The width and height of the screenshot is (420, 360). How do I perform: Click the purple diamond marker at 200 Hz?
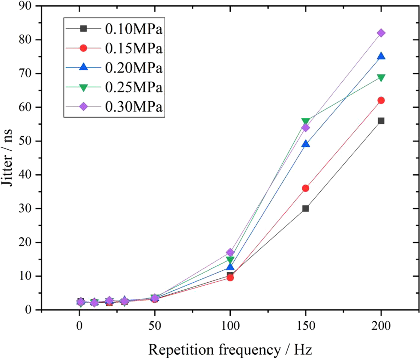coord(381,33)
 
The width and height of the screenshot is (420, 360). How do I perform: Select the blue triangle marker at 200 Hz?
coord(381,56)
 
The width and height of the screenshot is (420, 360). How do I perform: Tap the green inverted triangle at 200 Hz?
coord(381,78)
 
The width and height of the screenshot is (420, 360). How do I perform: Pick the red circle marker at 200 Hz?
coord(381,100)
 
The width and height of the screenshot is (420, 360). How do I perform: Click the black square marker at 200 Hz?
coord(381,121)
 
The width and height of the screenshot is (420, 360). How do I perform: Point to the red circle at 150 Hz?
coord(306,188)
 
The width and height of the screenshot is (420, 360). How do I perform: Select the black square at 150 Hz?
coord(306,208)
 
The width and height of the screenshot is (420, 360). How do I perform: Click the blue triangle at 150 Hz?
coord(306,144)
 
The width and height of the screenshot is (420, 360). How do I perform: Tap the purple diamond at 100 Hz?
coord(230,252)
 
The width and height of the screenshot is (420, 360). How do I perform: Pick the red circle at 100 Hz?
coord(230,278)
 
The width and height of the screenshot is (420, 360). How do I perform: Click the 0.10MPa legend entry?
coord(133,29)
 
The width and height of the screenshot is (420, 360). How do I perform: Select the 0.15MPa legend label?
coord(133,48)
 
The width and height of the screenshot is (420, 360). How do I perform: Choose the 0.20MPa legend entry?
coord(133,68)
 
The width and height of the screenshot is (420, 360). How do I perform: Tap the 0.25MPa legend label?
coord(133,87)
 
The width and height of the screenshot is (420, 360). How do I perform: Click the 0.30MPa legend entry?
coord(133,107)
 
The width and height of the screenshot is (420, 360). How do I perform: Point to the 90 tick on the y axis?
coord(25,6)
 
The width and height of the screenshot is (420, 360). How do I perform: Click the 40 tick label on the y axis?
coord(25,175)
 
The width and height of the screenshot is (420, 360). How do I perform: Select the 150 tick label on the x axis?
coord(306,325)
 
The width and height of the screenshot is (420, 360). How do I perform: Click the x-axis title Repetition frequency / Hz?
coord(230,350)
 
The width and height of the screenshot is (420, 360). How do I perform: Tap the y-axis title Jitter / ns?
coord(7,157)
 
